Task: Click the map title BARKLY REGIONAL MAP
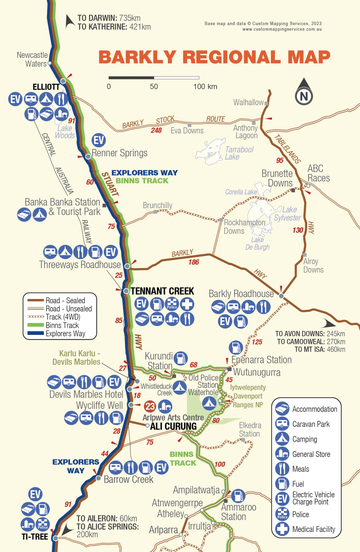tap(214, 57)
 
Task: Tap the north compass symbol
tap(304, 92)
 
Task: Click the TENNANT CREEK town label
tap(162, 291)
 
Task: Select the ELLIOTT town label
tap(46, 87)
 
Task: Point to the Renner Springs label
tap(119, 153)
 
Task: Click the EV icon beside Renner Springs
tap(99, 140)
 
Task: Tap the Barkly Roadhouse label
tap(241, 294)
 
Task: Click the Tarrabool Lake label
tap(239, 153)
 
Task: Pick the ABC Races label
tap(318, 173)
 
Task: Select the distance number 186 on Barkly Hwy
tap(193, 262)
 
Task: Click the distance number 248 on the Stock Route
tap(156, 130)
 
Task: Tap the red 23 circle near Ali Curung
tap(150, 406)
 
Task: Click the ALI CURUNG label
tap(173, 426)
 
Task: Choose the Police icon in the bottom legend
tap(282, 514)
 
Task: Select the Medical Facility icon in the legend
tap(282, 529)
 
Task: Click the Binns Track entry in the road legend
tap(62, 325)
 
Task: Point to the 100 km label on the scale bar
tap(205, 86)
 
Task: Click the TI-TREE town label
tap(35, 537)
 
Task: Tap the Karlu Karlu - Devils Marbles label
tap(77, 358)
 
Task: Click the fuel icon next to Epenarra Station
tap(236, 348)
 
